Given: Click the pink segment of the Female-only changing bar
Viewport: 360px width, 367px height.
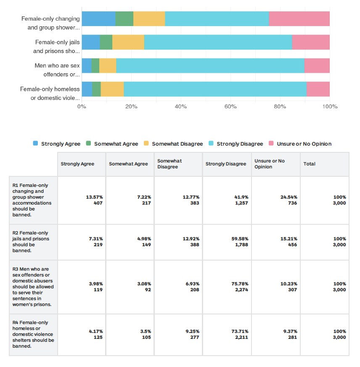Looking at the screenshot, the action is [299, 19].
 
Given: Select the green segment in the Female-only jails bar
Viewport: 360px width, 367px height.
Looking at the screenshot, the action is [106, 42].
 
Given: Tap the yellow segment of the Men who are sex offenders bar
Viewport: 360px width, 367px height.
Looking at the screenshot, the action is [108, 66].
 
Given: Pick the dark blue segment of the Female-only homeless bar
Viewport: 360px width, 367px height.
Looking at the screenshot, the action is [87, 89].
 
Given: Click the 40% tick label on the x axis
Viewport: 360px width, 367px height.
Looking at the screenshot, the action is [181, 107].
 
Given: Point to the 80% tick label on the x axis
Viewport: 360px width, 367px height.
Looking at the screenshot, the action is [280, 107].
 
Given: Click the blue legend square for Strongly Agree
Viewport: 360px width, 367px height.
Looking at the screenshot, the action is [36, 143].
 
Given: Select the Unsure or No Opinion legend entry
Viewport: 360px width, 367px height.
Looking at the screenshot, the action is [300, 144].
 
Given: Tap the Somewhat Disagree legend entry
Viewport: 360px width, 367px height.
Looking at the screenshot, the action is [173, 144].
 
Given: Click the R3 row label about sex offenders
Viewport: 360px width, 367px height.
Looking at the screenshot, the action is [33, 287].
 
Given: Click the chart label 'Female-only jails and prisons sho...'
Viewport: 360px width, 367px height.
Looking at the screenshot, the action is [56, 47].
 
